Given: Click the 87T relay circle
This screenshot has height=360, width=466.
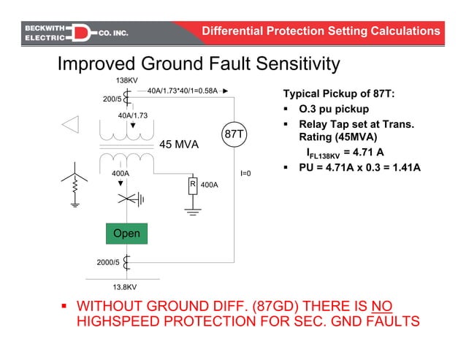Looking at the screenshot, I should (x=234, y=134).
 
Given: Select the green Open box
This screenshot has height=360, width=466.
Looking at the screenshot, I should (x=126, y=234).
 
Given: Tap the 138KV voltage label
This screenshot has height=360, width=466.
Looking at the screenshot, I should (x=127, y=80).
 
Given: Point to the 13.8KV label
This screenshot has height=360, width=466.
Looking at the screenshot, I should (x=126, y=287).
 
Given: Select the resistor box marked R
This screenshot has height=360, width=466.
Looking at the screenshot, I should (x=192, y=185).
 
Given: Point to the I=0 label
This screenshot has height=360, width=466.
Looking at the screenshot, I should (x=246, y=174).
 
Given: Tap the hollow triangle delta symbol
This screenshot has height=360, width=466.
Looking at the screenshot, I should (x=70, y=125).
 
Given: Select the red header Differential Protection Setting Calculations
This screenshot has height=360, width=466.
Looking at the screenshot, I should (x=321, y=31).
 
